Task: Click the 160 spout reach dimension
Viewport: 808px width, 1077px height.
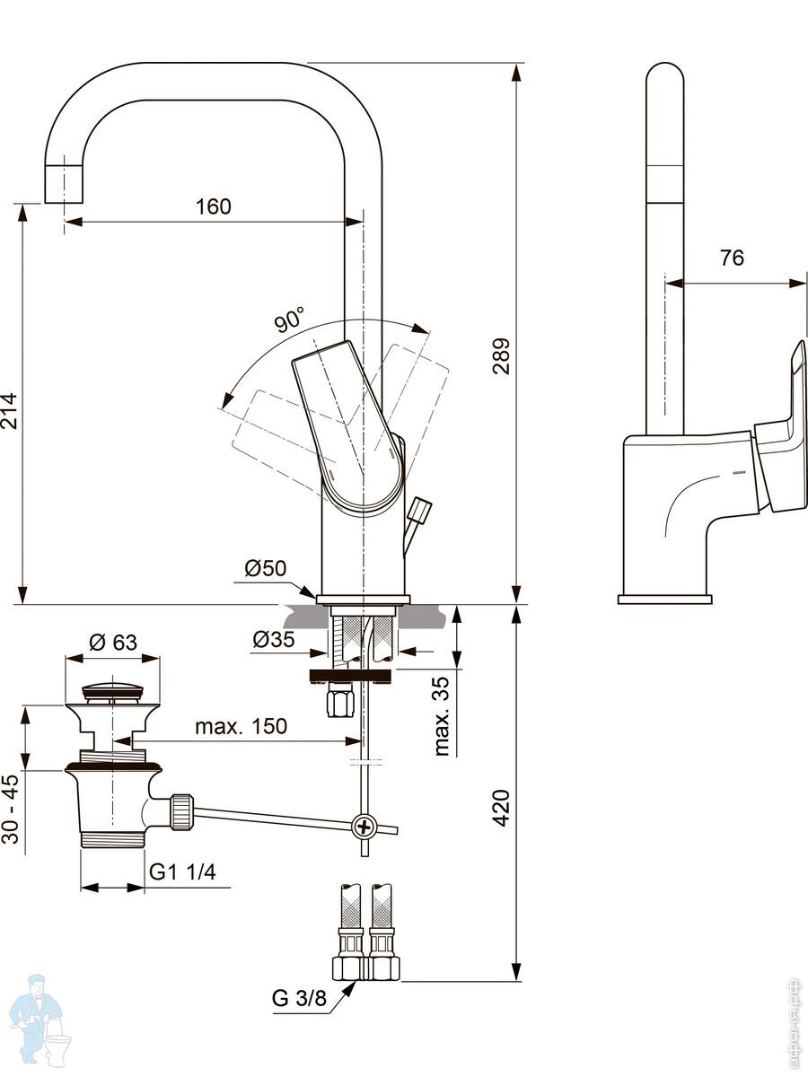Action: coord(213,206)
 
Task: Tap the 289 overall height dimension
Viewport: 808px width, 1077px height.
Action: coord(501,355)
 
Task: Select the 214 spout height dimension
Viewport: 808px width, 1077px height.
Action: coord(9,411)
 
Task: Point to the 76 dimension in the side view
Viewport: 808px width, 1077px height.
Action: coord(732,258)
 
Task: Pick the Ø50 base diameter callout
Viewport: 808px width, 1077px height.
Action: coord(266,568)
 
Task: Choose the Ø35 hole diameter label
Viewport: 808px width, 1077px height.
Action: coord(274,639)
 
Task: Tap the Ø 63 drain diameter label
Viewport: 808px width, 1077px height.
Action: coord(113,642)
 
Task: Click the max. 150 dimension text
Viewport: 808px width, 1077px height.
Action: coord(241,726)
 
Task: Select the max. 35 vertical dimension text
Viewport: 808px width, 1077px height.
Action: coord(442,716)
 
